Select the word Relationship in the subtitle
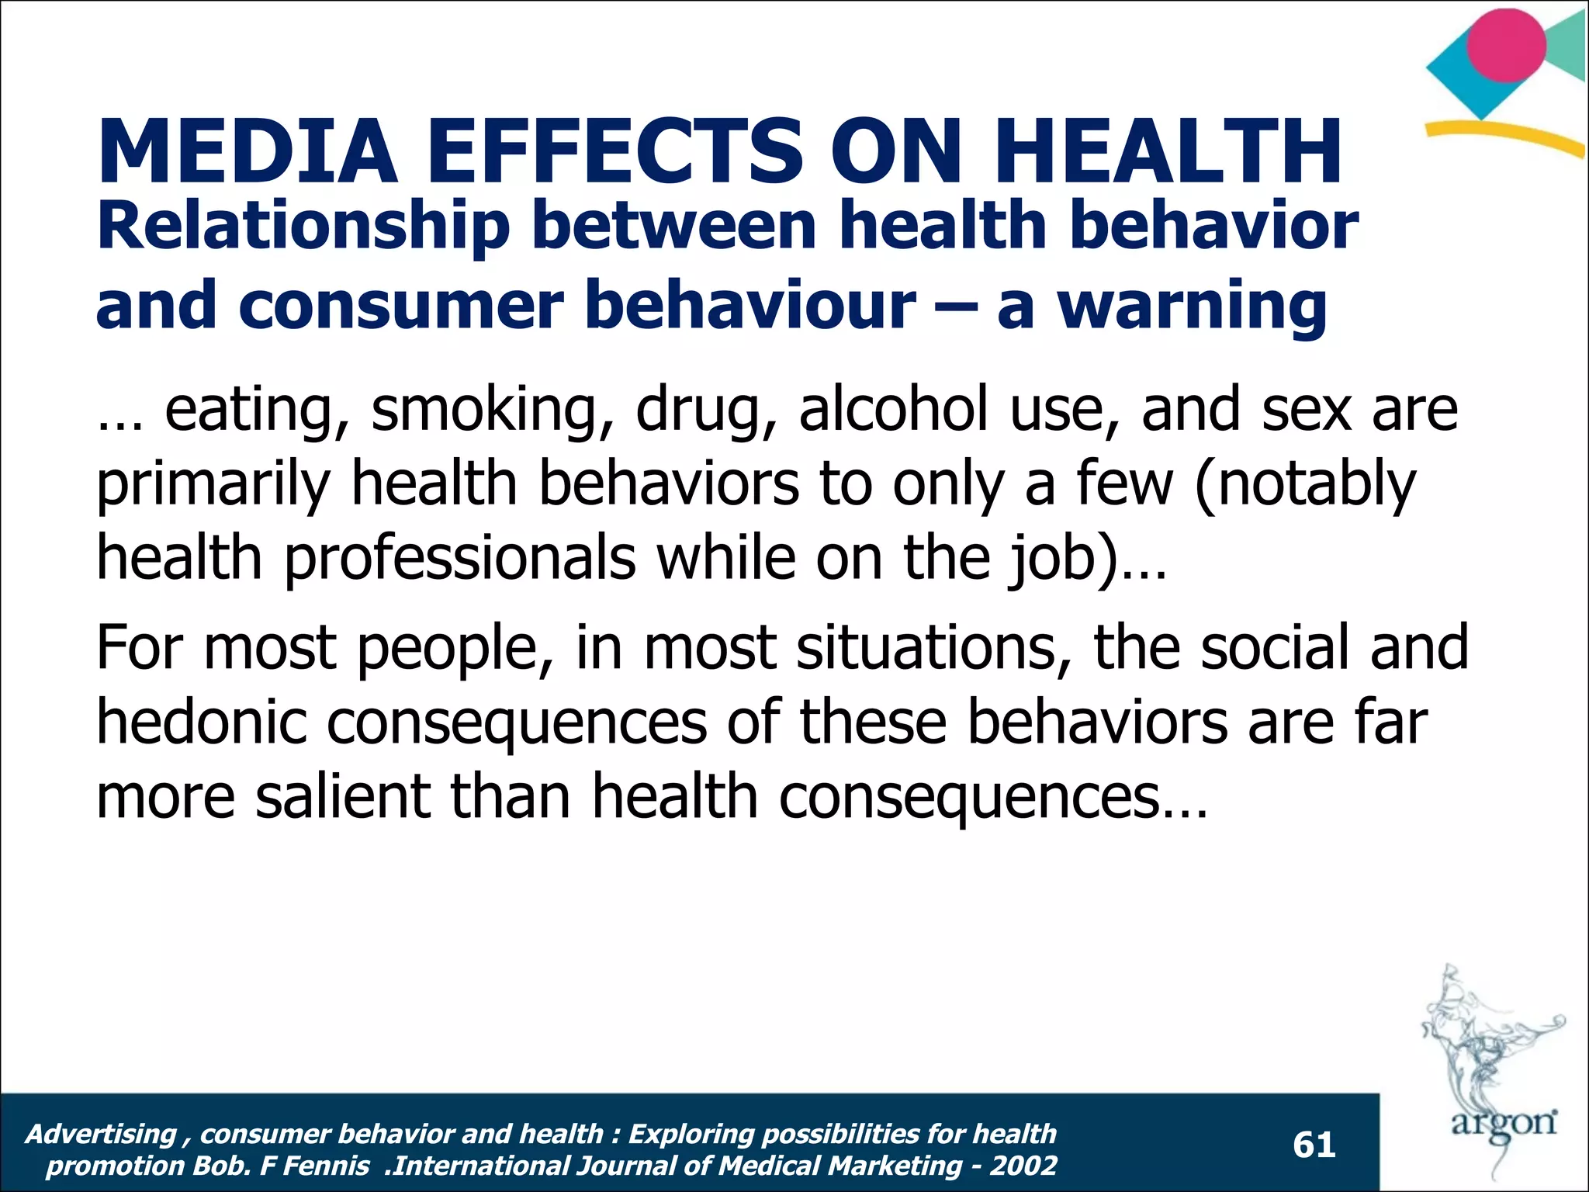point(303,227)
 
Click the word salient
point(342,797)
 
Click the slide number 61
point(1314,1145)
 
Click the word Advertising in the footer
point(101,1135)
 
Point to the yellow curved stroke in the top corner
point(1505,140)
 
